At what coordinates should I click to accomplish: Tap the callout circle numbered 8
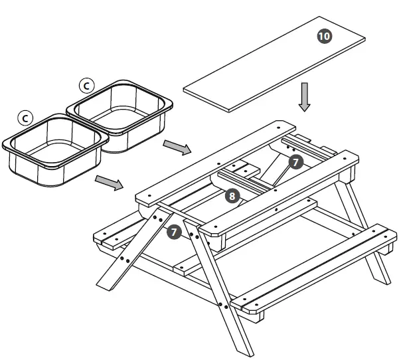tap(231, 196)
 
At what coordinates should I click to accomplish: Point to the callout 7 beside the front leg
tap(175, 232)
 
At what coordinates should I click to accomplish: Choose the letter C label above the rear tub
tap(87, 85)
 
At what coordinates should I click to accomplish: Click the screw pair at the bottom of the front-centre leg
tap(224, 306)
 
